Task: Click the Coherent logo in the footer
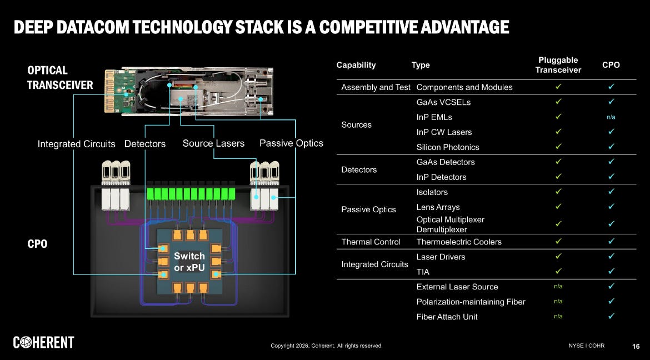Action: point(44,343)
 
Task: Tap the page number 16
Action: point(636,346)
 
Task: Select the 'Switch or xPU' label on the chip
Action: point(189,262)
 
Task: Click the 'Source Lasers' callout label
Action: point(213,143)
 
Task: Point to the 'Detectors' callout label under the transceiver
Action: point(145,144)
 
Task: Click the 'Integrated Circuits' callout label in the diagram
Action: point(76,144)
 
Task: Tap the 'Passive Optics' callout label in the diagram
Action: point(291,143)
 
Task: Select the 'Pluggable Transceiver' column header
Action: point(558,65)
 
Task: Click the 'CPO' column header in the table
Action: point(611,65)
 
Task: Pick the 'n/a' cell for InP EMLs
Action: point(611,117)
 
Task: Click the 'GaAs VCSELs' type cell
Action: point(443,102)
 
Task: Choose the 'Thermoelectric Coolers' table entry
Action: point(459,242)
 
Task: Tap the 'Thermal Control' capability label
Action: point(371,242)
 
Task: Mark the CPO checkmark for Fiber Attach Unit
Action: point(611,316)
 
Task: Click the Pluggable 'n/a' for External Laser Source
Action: point(558,287)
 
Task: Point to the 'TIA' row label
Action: point(423,272)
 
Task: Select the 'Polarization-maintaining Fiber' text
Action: point(471,302)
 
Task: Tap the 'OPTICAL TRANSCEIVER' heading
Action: point(60,78)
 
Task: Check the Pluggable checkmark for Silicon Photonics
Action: point(558,147)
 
